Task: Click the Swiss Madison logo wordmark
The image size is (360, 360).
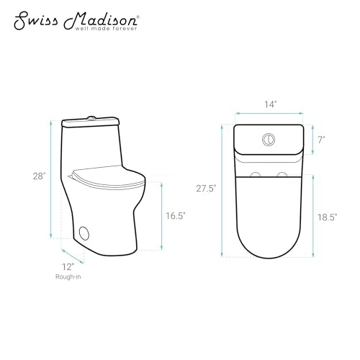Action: point(76,21)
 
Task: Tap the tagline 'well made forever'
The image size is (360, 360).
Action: point(107,29)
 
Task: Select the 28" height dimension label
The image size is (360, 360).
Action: point(40,176)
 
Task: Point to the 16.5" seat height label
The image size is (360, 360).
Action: point(176,216)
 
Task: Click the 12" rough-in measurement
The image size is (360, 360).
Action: point(68,267)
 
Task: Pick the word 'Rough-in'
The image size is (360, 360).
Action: point(68,277)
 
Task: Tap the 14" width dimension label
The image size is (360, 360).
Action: point(271,104)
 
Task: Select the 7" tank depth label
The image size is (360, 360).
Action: point(322,140)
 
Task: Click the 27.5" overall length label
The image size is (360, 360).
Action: point(207,189)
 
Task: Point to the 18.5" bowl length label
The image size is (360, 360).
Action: point(328,217)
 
